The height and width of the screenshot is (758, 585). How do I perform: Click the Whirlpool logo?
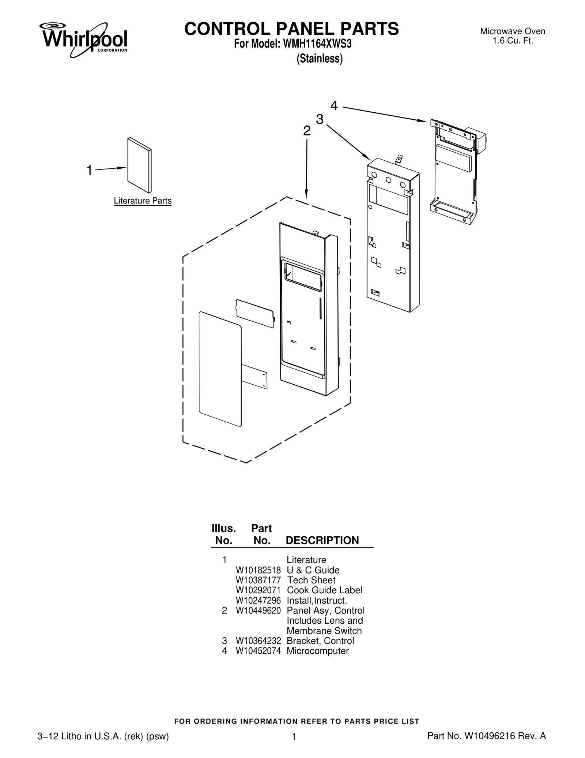84,40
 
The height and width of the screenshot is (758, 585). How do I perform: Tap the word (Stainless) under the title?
320,59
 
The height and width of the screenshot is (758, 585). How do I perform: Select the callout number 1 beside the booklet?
89,170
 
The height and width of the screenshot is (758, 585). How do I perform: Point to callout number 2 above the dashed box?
307,131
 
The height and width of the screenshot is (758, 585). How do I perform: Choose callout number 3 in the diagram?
320,119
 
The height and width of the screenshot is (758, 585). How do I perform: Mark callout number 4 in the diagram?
334,106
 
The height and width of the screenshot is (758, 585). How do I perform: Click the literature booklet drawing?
139,165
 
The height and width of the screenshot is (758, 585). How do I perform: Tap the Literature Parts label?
143,201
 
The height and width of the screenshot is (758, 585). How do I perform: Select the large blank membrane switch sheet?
220,369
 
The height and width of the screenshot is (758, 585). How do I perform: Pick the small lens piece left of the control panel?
255,313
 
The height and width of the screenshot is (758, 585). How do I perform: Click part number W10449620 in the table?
258,611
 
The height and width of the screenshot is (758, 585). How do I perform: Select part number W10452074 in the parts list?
258,651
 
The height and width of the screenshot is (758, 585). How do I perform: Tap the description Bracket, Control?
320,641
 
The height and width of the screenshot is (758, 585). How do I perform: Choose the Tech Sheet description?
311,580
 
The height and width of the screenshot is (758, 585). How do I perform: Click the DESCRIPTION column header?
322,541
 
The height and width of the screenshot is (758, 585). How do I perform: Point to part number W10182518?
258,571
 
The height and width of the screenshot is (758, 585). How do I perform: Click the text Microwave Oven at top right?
513,31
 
